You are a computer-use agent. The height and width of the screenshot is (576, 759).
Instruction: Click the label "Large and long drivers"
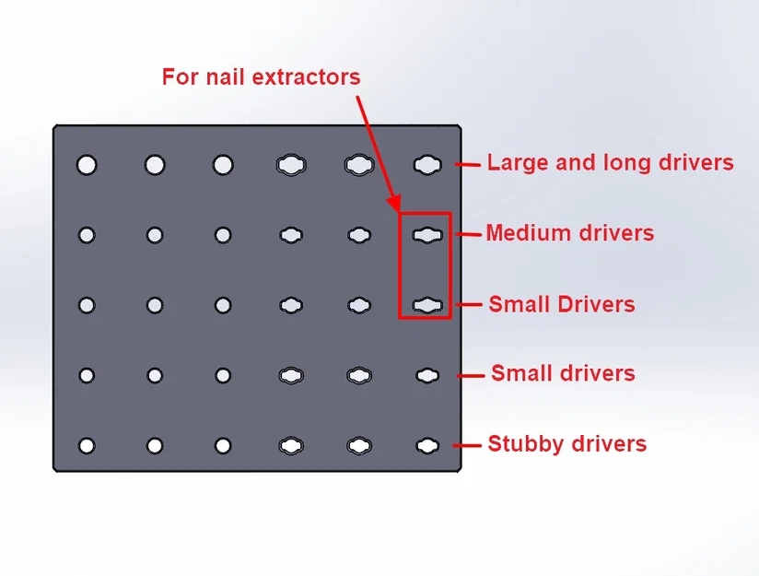click(610, 163)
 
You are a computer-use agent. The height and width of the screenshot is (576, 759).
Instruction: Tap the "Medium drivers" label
click(569, 233)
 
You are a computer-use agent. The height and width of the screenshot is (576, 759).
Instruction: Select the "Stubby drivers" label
click(566, 444)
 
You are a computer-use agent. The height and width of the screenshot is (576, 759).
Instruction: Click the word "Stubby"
click(523, 444)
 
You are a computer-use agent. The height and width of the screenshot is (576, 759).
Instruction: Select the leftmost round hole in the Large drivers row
click(87, 165)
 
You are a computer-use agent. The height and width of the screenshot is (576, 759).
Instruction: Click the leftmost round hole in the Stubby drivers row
click(87, 446)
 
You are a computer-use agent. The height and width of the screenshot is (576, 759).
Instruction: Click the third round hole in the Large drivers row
click(223, 165)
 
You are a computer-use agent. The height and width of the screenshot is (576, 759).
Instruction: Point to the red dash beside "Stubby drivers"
click(471, 445)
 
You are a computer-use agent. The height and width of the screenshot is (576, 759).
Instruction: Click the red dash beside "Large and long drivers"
click(471, 165)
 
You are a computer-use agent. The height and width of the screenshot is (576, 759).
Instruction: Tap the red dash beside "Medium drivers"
click(471, 234)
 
